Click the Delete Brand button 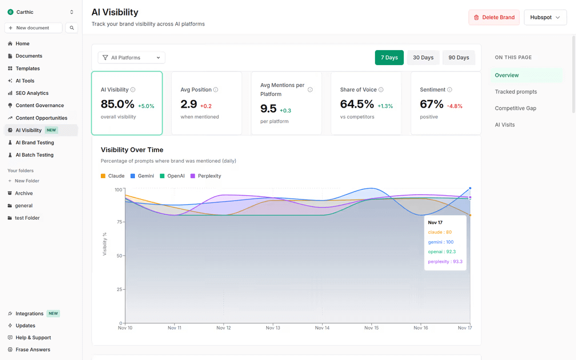494,18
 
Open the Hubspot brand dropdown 545,18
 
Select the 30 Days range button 423,58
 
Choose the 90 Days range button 459,58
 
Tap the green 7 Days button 389,58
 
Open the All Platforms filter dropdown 131,58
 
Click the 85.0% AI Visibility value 117,104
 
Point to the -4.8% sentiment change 454,106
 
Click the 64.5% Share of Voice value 357,104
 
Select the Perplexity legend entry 209,176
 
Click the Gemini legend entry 146,176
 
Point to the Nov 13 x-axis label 273,328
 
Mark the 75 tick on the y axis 118,222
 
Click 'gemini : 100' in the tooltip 441,242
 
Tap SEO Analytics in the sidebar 32,93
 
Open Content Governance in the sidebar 39,106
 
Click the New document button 33,28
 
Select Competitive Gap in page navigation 515,108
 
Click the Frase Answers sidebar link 33,350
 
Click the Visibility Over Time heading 132,150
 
